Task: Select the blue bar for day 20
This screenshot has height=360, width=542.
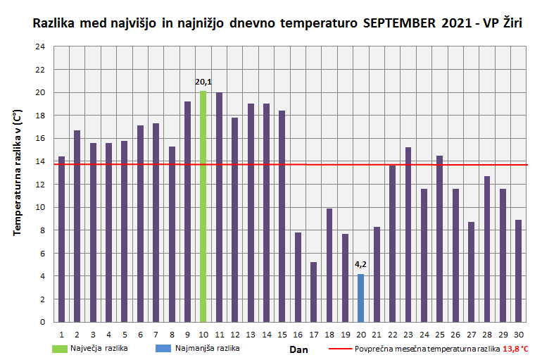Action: pos(361,298)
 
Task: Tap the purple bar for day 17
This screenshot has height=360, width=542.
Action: pos(313,292)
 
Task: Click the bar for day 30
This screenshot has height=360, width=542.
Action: pos(518,271)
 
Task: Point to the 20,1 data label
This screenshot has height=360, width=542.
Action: pos(203,82)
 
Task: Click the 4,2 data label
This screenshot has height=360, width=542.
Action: pos(361,265)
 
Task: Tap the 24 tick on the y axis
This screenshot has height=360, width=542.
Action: pos(40,46)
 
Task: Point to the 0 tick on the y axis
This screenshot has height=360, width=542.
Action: pos(42,322)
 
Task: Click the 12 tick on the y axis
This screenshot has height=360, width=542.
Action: pos(40,185)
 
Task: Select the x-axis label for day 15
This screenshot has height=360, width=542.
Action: pos(282,334)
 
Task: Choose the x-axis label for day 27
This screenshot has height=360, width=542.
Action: pos(471,334)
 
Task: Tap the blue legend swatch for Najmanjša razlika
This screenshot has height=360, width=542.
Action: pos(163,348)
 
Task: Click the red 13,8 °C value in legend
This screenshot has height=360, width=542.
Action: pos(516,349)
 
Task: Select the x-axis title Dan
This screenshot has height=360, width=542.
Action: pos(299,349)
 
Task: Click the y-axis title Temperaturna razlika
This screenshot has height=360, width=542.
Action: pos(16,172)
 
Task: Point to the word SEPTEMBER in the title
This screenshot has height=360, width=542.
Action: pos(400,23)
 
